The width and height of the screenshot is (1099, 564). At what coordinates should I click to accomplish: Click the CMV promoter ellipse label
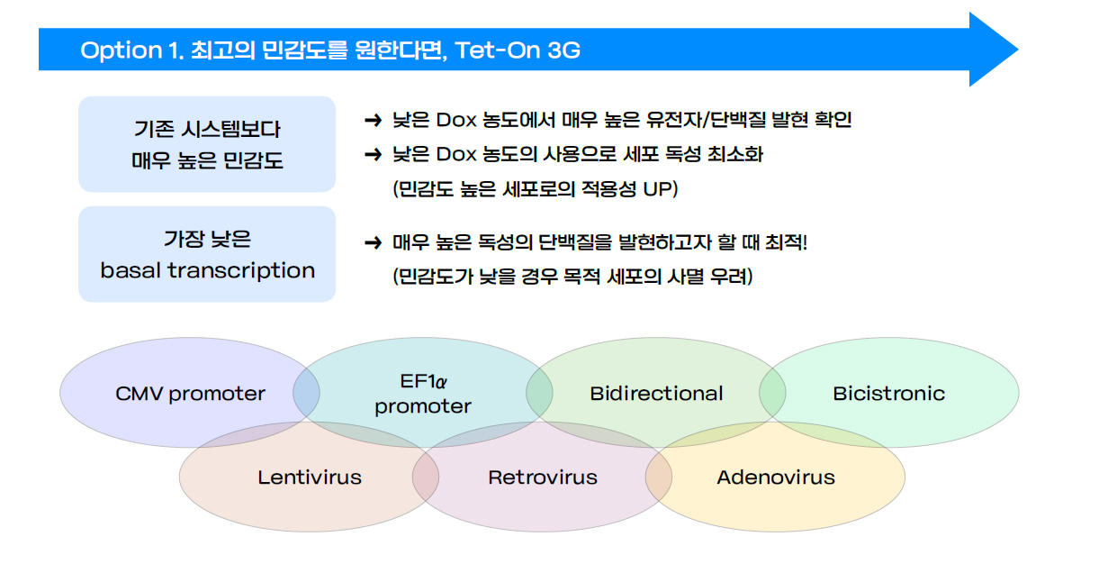[190, 394]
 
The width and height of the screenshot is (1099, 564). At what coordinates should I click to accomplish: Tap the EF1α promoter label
[423, 394]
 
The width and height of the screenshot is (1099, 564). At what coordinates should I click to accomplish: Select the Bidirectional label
[656, 393]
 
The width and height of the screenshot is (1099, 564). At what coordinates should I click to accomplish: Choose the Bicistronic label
[888, 393]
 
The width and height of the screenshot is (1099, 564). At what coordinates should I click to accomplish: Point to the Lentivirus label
[310, 477]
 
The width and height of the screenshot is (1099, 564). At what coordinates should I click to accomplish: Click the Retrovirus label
[543, 477]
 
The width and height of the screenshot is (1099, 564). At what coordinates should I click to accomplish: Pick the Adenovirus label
[776, 477]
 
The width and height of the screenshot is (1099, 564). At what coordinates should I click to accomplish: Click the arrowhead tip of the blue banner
[1018, 50]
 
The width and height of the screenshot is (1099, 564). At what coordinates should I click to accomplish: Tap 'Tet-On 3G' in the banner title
[518, 50]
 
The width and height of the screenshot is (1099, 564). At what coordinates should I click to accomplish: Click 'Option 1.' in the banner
[132, 50]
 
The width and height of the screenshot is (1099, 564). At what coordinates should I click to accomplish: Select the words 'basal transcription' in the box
[208, 270]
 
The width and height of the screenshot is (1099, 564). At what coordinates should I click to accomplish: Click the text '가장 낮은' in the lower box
[207, 240]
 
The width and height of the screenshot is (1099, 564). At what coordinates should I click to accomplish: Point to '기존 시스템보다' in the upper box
[207, 129]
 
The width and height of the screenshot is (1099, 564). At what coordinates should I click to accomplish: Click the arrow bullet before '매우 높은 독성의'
[374, 242]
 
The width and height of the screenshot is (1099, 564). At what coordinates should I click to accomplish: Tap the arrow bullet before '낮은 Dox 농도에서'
[374, 120]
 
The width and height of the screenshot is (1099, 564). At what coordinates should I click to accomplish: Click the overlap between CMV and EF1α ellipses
[306, 393]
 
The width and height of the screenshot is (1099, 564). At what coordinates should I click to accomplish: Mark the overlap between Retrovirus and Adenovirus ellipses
[659, 476]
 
